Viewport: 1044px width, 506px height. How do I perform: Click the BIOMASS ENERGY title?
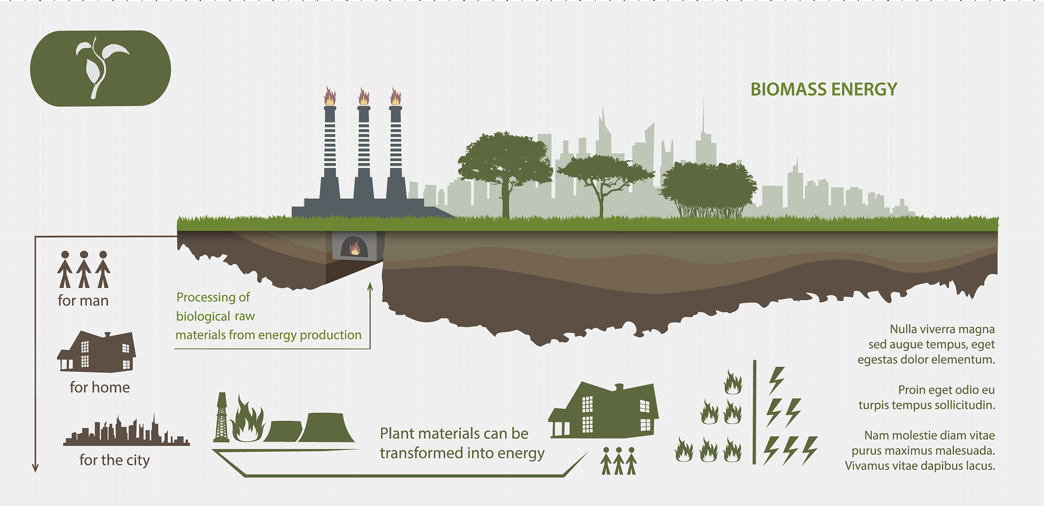tap(823, 90)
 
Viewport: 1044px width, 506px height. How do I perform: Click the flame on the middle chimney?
tap(363, 96)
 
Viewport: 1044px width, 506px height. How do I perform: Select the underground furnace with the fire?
tap(354, 247)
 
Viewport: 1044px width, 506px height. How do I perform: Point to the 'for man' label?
tap(83, 301)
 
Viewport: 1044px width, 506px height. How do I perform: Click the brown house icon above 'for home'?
tap(97, 352)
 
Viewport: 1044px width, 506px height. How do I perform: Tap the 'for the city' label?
tap(115, 460)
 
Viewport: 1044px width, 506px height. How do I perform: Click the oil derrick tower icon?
tap(221, 418)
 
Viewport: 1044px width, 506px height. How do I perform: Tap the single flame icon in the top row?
tap(733, 382)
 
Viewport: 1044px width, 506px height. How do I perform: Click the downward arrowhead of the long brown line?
tap(35, 468)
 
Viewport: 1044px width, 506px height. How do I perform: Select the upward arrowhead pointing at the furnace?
tap(370, 286)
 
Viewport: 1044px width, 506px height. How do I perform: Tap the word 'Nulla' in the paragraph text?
tap(903, 329)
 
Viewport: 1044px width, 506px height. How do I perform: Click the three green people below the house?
tap(618, 461)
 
